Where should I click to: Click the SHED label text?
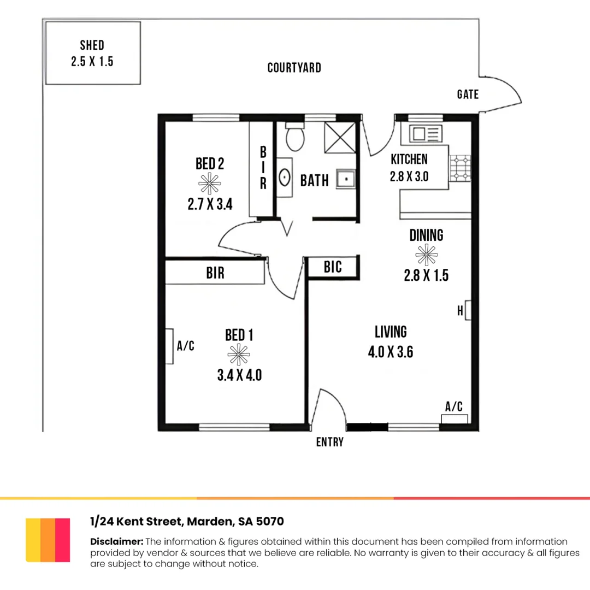[x=92, y=45]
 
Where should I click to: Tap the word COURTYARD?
[x=294, y=68]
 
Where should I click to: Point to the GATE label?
[x=468, y=95]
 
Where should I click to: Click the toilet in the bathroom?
[x=295, y=137]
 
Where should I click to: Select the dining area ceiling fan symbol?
[x=426, y=253]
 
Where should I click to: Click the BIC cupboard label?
[x=333, y=267]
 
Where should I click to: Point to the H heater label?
[x=459, y=311]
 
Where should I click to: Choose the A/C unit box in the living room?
[x=455, y=419]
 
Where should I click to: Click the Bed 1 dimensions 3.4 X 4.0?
[x=239, y=375]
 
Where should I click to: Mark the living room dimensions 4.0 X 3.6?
[x=390, y=352]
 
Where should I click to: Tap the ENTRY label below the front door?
[x=330, y=442]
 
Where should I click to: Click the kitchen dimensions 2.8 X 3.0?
[x=409, y=176]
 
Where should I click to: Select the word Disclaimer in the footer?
[x=116, y=541]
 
